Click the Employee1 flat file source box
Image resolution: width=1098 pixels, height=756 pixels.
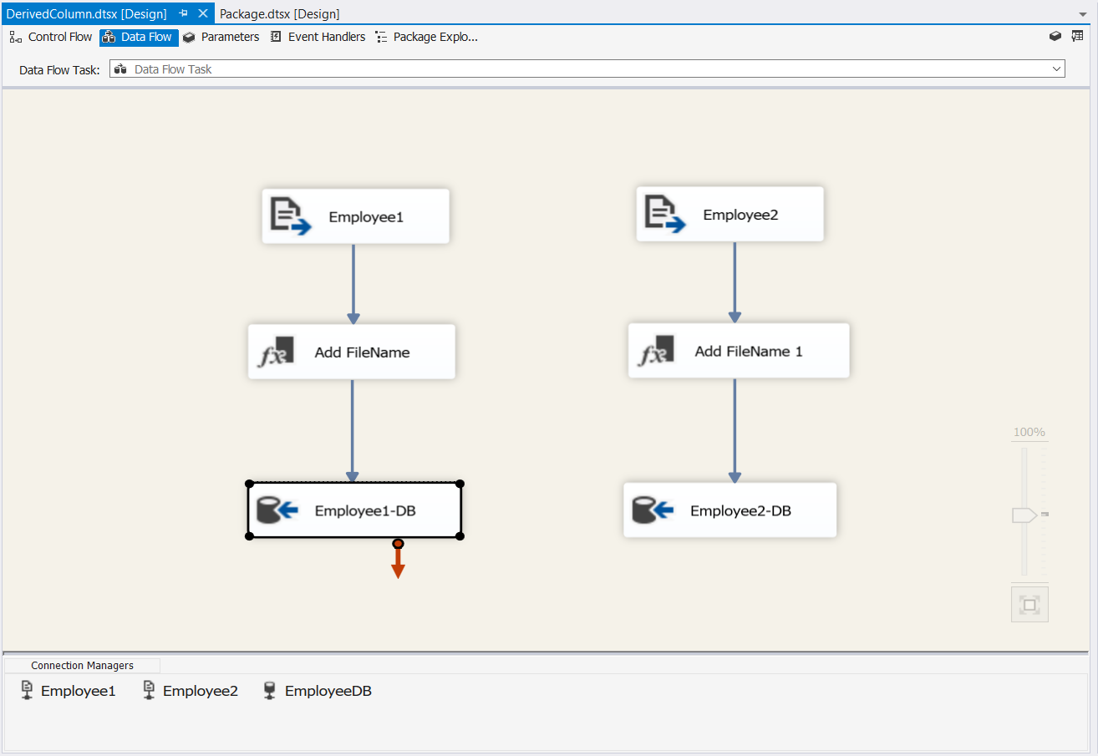pos(355,216)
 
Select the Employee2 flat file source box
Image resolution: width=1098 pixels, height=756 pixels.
pos(729,214)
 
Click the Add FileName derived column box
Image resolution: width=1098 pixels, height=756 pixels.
pos(352,352)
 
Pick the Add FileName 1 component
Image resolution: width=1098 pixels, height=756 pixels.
pos(739,350)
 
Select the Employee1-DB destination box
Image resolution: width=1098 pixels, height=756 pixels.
pos(354,510)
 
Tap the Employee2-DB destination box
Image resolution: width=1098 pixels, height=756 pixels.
pos(729,510)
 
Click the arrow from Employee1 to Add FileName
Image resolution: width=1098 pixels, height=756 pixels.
pos(353,284)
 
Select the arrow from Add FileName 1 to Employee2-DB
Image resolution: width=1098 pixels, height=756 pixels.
pos(735,431)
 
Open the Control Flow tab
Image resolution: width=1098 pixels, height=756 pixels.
pos(51,37)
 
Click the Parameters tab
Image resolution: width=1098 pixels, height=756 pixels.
pos(221,37)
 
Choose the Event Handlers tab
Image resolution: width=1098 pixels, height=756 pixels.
pos(318,37)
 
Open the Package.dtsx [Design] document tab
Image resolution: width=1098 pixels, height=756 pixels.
pos(279,13)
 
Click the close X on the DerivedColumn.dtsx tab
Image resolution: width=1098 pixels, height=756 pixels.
pos(203,13)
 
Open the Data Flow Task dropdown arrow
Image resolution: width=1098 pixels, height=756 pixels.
pos(1056,69)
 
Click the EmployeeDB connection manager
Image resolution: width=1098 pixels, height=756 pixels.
pos(318,691)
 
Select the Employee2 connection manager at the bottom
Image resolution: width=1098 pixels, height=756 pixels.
pos(191,691)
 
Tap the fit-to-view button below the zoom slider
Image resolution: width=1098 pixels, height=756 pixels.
pos(1029,605)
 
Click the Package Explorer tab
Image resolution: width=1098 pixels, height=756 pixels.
pos(426,37)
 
